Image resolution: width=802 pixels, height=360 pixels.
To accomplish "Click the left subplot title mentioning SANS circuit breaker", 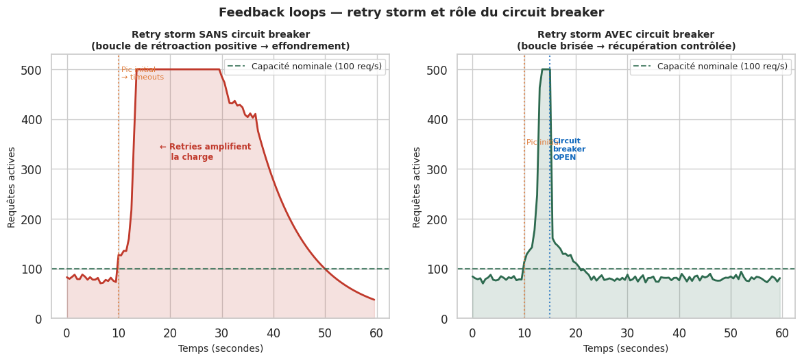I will click(220, 40).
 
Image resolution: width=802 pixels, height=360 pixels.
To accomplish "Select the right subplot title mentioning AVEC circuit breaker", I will click(626, 40).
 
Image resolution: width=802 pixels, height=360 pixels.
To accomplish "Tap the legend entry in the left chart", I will click(304, 67).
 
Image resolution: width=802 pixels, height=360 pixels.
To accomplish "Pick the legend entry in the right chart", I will click(710, 67).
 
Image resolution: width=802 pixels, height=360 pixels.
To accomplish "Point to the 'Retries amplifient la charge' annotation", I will click(205, 152).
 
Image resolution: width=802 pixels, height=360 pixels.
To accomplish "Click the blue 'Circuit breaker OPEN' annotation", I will click(568, 149).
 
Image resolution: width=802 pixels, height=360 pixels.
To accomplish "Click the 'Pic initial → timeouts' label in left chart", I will click(142, 73).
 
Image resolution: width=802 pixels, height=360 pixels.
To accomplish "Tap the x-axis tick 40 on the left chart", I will click(274, 333).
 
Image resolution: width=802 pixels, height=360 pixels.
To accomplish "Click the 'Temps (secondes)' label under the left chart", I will click(220, 348).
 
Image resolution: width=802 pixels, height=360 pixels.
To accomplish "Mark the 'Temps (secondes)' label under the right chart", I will click(626, 348).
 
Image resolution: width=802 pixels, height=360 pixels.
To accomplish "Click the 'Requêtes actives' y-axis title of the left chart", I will click(12, 187).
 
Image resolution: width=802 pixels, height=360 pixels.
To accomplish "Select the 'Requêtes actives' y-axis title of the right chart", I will click(417, 187).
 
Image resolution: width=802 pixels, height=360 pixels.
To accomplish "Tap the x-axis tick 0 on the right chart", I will click(472, 333).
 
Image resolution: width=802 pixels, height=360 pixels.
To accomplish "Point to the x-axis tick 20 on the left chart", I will click(170, 333).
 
